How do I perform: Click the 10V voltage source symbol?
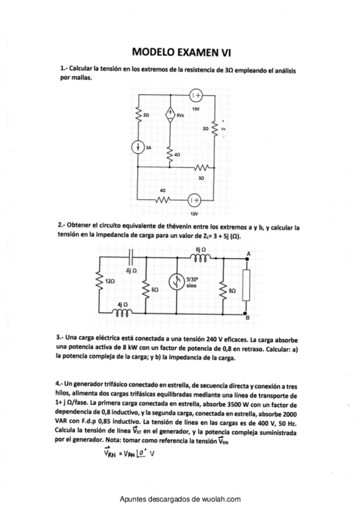coord(195,95)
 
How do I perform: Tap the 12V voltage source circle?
coord(194,200)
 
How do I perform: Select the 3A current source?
coord(138,147)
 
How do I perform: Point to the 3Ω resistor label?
coord(201,178)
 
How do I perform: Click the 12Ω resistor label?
coord(109,281)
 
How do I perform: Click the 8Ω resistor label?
coord(233,290)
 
